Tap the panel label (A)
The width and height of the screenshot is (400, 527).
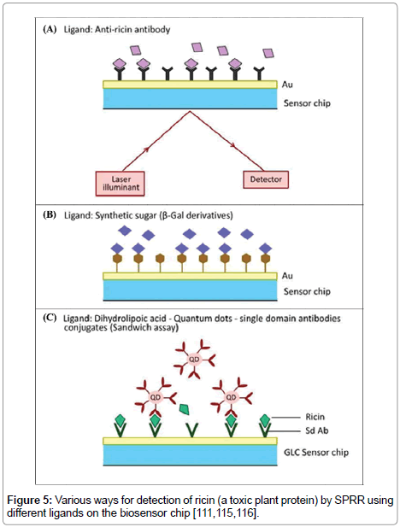(x=50, y=29)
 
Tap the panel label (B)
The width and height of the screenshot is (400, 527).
(x=50, y=214)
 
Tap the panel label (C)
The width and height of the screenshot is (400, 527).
(x=50, y=318)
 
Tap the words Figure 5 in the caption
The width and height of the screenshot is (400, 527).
(x=30, y=497)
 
